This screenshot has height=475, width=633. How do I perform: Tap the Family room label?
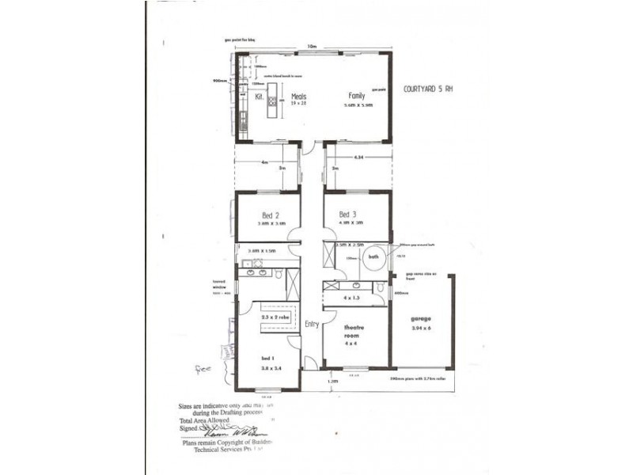[358, 96]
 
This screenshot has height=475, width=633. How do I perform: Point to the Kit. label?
[259, 96]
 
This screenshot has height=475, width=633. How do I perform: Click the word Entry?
[311, 322]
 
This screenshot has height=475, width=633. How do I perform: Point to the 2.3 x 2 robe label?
[274, 317]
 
